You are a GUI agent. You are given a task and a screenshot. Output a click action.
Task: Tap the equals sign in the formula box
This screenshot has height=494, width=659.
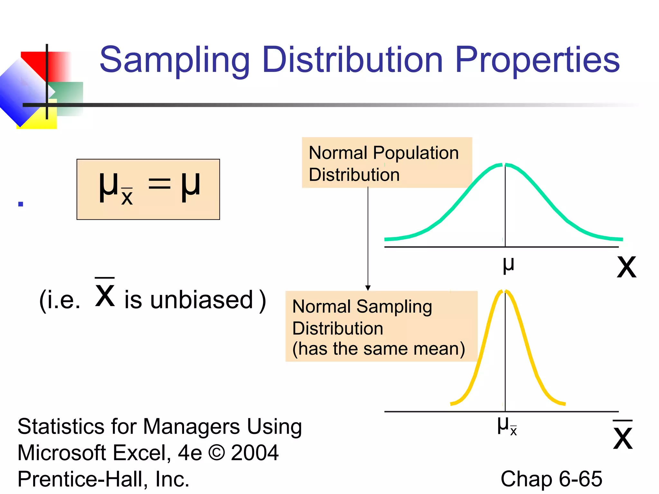click(x=159, y=186)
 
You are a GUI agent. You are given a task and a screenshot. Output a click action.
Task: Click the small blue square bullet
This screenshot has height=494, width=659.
click(x=21, y=204)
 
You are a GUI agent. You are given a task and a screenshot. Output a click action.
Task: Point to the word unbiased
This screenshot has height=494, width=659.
click(x=201, y=300)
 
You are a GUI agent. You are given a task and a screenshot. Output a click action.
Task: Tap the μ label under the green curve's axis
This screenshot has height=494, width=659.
click(x=508, y=265)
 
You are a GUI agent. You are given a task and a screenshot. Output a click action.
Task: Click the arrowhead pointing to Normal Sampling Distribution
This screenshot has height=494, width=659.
click(x=368, y=288)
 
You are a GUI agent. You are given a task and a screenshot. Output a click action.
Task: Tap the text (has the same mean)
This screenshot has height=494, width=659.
click(x=378, y=349)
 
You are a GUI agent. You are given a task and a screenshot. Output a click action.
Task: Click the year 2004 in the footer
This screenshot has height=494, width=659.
click(x=255, y=453)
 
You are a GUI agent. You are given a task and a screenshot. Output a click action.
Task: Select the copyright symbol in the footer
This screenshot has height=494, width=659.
click(x=217, y=453)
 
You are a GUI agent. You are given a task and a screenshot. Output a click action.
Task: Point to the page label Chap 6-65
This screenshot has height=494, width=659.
click(x=551, y=479)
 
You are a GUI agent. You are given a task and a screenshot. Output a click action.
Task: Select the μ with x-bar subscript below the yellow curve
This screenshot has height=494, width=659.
click(x=506, y=426)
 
